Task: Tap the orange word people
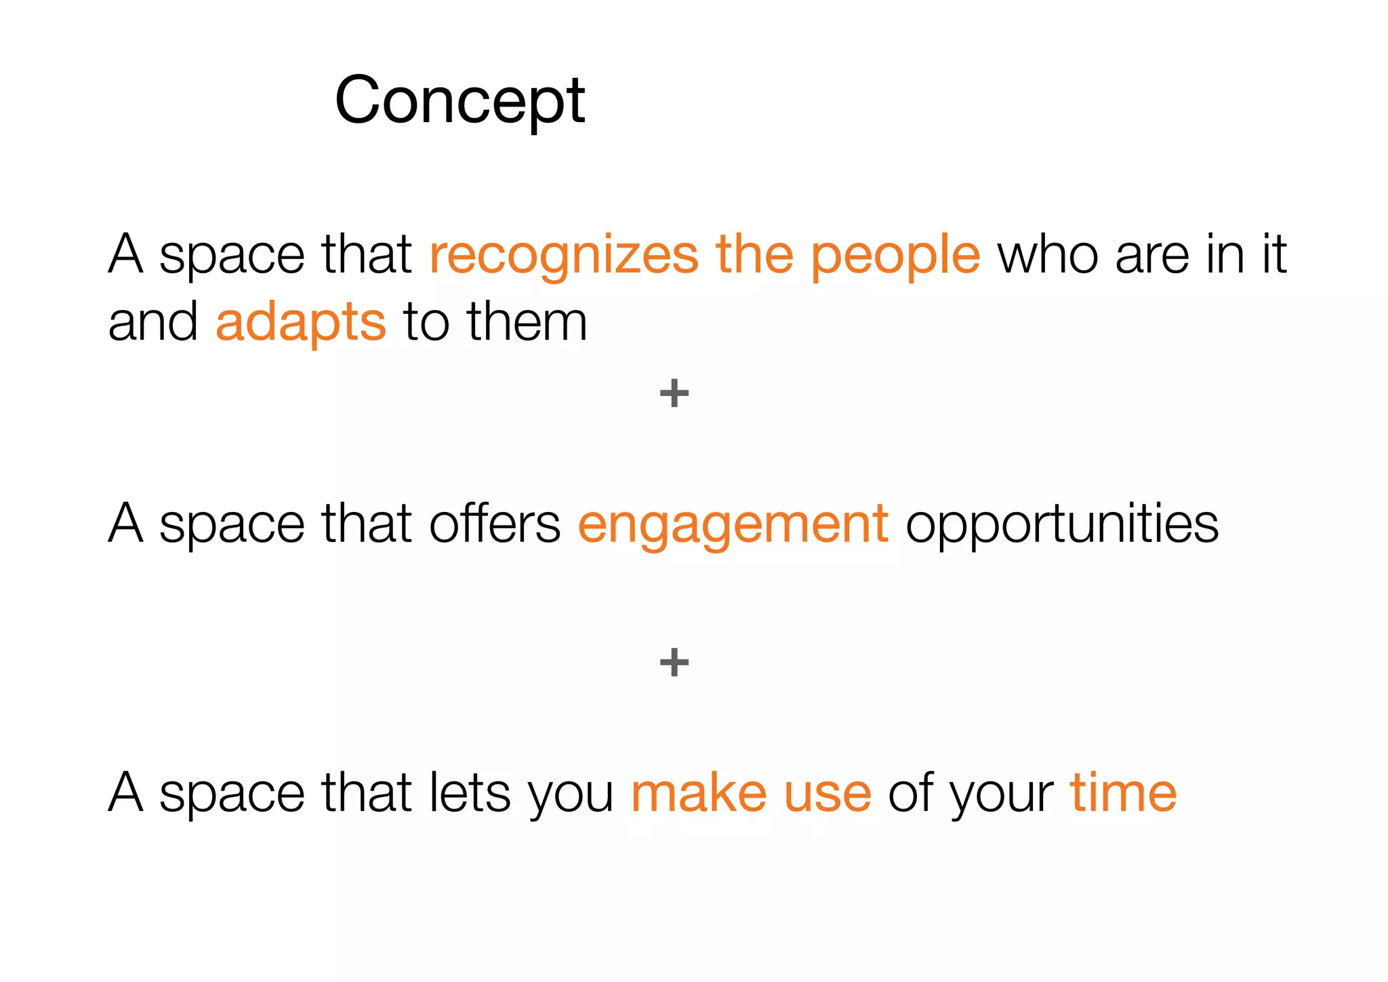tap(895, 255)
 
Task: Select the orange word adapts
tap(301, 323)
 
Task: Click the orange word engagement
tap(733, 524)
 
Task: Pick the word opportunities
tap(1061, 524)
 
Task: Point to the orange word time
tap(1123, 793)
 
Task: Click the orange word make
tap(699, 793)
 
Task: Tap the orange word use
tap(827, 793)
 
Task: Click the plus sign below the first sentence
tap(674, 393)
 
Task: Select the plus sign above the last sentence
tap(674, 662)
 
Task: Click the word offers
tap(495, 524)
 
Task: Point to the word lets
tap(470, 793)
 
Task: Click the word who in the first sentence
tap(1048, 255)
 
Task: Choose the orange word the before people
tap(754, 255)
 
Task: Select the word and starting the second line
tap(153, 323)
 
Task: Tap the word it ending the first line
tap(1273, 255)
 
